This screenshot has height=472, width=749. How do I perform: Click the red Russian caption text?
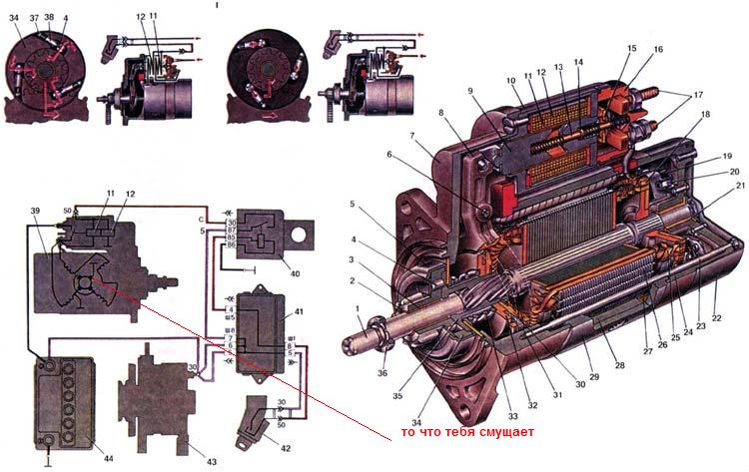coord(466,432)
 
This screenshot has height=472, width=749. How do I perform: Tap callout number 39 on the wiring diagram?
coord(35,214)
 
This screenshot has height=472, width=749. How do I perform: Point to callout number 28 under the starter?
coord(619,366)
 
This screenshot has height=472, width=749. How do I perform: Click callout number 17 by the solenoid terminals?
coord(693,97)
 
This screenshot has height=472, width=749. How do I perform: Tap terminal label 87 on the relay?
coord(233,229)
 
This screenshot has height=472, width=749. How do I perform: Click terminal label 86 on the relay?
coord(233,244)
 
